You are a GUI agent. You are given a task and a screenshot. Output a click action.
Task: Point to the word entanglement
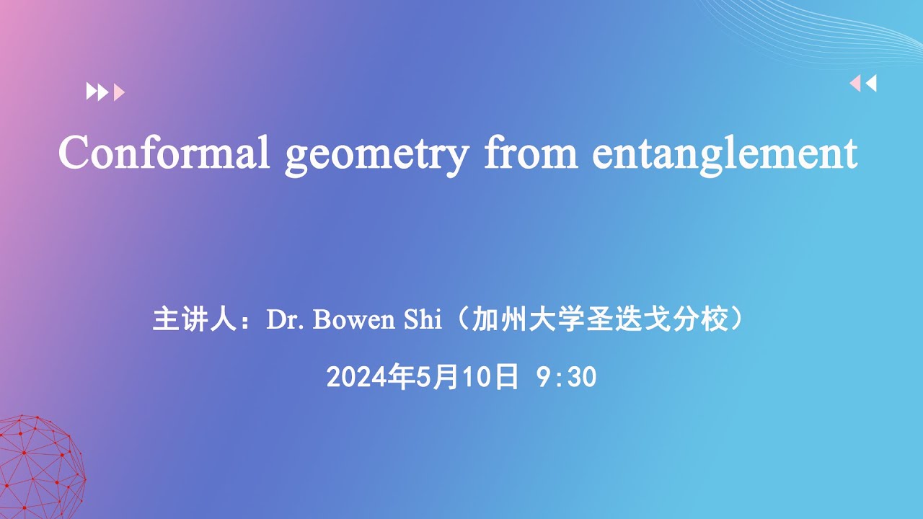pos(725,154)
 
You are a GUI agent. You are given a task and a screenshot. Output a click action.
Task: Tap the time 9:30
pos(567,376)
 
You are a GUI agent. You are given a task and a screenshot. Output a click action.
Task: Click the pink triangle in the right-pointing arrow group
pos(120,92)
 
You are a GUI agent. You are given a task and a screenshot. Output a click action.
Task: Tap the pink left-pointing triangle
pos(855,84)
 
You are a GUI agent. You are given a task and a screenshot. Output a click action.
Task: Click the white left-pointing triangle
pos(871,84)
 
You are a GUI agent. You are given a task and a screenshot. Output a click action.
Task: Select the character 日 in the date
pos(507,376)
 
